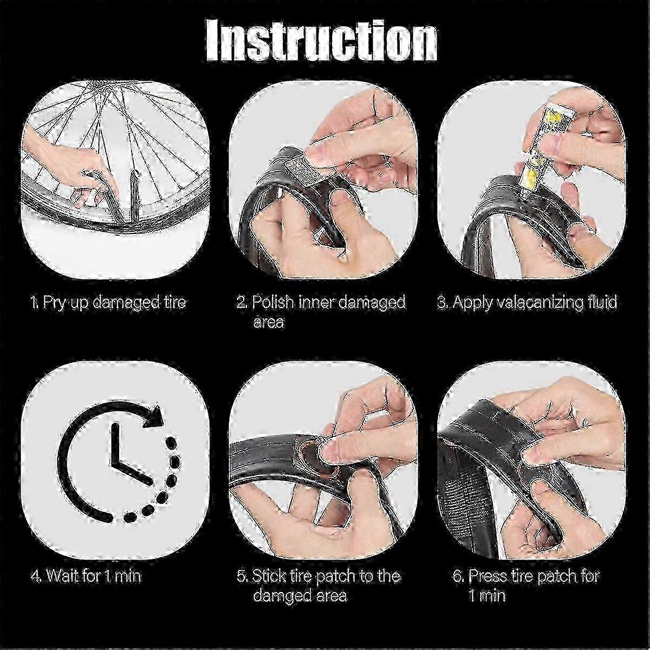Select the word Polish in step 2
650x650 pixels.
(273, 302)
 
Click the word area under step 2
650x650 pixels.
(268, 323)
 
